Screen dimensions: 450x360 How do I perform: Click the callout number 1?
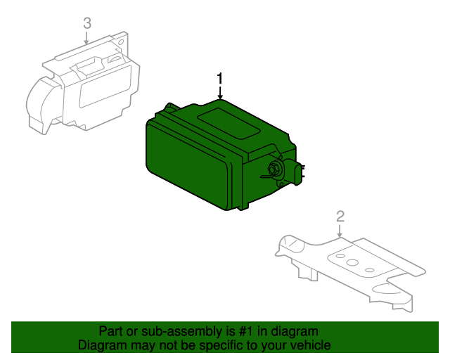click(x=220, y=78)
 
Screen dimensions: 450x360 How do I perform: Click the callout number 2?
click(x=340, y=216)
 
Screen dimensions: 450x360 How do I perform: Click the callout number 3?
click(x=87, y=23)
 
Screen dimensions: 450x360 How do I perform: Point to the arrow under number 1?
click(x=220, y=92)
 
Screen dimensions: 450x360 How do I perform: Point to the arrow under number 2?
click(x=340, y=231)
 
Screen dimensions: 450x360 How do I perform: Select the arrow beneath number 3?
click(x=86, y=38)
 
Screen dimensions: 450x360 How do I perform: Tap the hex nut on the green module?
click(x=272, y=169)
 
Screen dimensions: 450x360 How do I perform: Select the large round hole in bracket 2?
click(x=352, y=262)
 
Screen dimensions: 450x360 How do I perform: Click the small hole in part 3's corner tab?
click(x=121, y=42)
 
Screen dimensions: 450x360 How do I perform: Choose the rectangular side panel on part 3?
click(x=105, y=86)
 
